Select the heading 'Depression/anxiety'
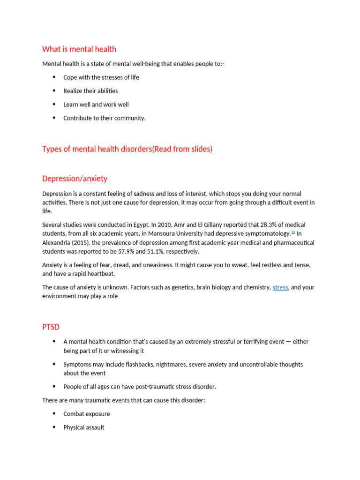tap(75, 179)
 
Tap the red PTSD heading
tap(51, 326)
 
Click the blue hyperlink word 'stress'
tap(280, 287)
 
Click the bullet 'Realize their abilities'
tap(90, 91)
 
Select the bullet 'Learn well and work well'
tap(96, 105)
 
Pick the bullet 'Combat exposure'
tap(86, 414)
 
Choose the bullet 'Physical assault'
tap(83, 427)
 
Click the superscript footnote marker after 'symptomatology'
tap(293, 232)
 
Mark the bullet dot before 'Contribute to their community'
tap(54, 118)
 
